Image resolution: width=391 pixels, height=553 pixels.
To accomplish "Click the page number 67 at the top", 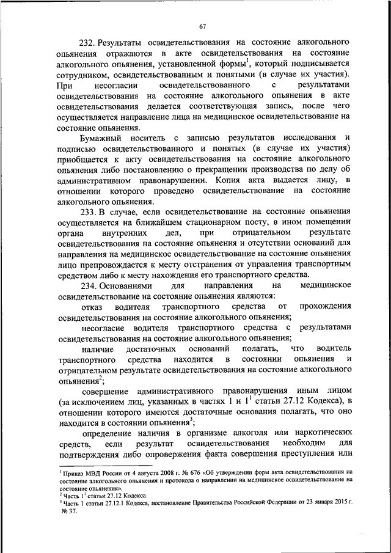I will point(204,26).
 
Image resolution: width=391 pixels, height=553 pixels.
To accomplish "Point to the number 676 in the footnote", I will point(183,472).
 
